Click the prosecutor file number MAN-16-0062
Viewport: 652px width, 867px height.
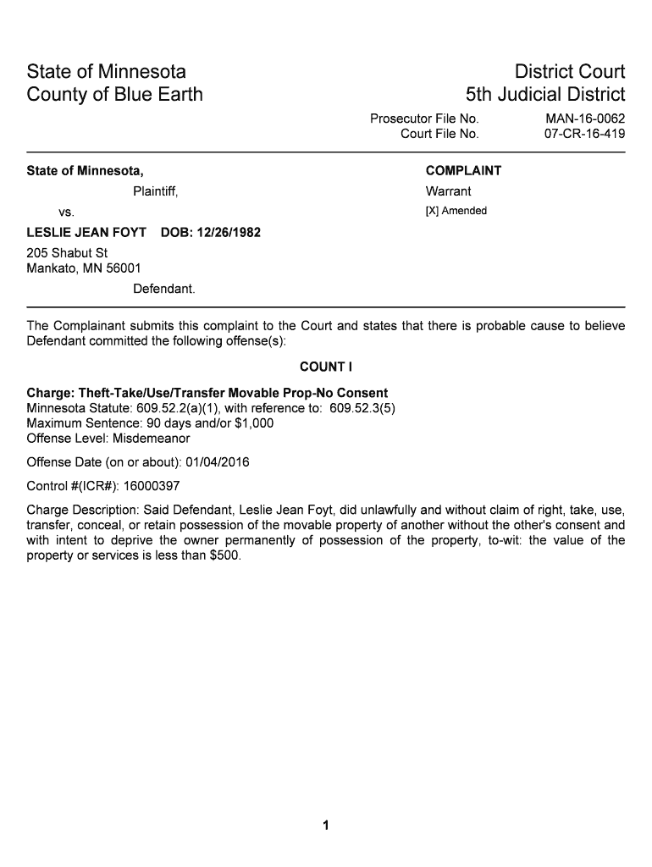coord(585,119)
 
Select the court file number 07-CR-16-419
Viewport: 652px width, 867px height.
coord(585,134)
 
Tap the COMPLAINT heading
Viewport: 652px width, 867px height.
coord(463,171)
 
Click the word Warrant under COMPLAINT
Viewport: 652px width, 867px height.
coord(448,191)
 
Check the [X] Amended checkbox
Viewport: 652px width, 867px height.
coord(431,211)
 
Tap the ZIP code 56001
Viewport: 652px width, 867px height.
coord(124,269)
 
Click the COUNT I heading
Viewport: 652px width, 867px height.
coord(326,367)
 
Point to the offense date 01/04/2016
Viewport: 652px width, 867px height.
coord(218,462)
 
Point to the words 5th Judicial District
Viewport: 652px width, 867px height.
coord(545,94)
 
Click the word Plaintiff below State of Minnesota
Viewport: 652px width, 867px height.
coord(155,191)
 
